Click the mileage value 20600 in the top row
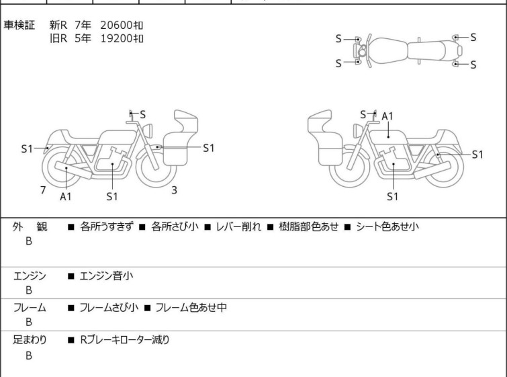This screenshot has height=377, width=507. click(116, 25)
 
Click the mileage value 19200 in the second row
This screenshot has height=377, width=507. click(116, 38)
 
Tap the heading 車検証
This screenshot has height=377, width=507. click(19, 25)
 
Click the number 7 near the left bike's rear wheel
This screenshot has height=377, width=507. click(43, 190)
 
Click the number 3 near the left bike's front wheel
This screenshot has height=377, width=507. click(174, 190)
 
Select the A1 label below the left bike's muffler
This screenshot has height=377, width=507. click(66, 196)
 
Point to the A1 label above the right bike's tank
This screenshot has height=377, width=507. click(387, 116)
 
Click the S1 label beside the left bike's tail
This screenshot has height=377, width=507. click(27, 149)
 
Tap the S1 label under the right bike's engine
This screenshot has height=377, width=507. click(393, 196)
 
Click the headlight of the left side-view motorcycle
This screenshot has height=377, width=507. click(148, 130)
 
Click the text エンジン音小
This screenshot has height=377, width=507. click(106, 276)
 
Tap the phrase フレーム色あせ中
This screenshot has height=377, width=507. click(191, 307)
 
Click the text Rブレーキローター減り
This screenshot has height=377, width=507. click(125, 340)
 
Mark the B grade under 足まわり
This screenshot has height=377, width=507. click(29, 355)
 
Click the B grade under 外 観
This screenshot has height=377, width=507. click(29, 241)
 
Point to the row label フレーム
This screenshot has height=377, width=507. click(30, 307)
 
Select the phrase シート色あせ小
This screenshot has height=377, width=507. click(387, 226)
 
